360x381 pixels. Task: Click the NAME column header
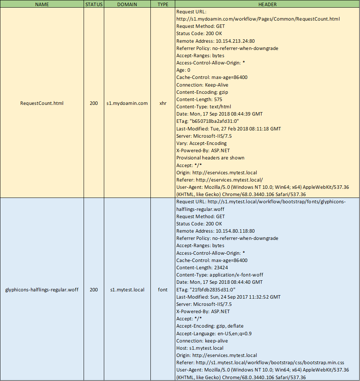click(x=42, y=5)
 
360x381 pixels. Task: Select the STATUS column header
click(x=94, y=5)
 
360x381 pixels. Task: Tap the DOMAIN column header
click(x=127, y=5)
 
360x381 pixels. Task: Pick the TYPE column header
click(x=163, y=5)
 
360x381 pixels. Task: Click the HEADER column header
click(x=267, y=5)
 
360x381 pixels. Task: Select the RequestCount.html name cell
click(x=42, y=103)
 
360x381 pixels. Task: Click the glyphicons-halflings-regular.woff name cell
click(x=42, y=290)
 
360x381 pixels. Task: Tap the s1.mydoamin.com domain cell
click(x=127, y=103)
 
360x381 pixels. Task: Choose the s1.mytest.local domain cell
click(x=127, y=290)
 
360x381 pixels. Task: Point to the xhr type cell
click(x=163, y=103)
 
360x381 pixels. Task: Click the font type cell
click(x=163, y=290)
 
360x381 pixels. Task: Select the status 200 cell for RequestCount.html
click(x=94, y=103)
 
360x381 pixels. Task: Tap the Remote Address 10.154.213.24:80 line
click(x=215, y=41)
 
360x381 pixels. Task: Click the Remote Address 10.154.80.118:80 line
click(x=215, y=231)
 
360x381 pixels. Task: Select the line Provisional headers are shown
click(x=210, y=158)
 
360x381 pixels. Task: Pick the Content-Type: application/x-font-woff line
click(x=220, y=275)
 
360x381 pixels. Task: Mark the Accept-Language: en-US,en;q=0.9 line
click(x=214, y=334)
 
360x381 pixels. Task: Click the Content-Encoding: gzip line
click(x=202, y=92)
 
